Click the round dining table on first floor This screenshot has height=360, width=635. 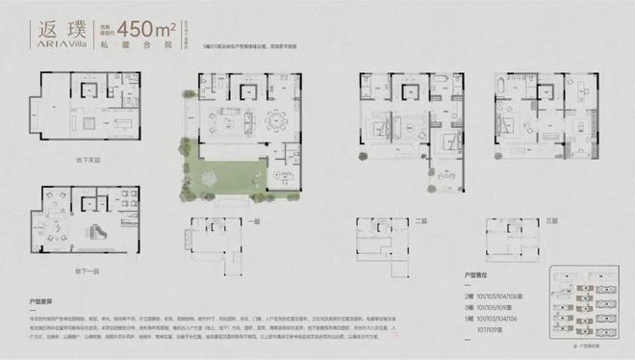coord(280,121)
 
